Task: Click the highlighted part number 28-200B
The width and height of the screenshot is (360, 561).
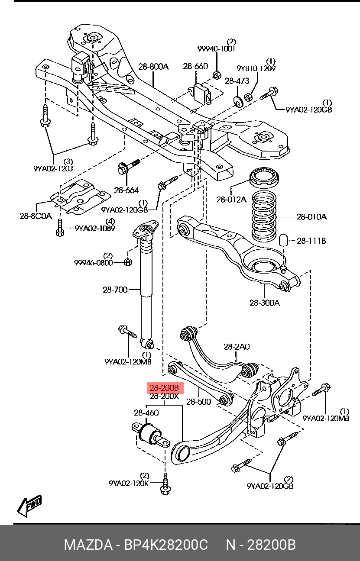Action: (x=164, y=388)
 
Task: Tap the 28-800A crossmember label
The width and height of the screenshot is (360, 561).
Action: (x=153, y=67)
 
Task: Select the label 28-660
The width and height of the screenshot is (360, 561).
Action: (x=195, y=66)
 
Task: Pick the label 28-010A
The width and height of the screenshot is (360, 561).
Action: (x=311, y=216)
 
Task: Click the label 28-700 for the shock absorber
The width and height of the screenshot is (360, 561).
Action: (x=115, y=290)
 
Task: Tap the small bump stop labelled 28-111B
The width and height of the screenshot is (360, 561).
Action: (x=283, y=240)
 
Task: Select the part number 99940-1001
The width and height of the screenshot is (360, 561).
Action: (x=216, y=48)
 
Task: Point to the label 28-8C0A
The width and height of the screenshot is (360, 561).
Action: (x=36, y=216)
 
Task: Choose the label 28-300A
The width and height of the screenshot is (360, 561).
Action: (x=265, y=303)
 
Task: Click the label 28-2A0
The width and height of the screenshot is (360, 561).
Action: (x=237, y=347)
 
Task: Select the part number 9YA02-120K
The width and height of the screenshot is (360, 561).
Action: (x=129, y=483)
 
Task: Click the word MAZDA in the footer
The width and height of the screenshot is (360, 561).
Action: (x=88, y=545)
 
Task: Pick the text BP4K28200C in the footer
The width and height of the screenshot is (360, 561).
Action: (x=166, y=545)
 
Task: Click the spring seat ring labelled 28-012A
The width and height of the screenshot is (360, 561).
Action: (x=264, y=178)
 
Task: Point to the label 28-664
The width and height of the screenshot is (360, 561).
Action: (x=126, y=190)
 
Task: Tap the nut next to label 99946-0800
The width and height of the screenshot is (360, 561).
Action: (x=128, y=262)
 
